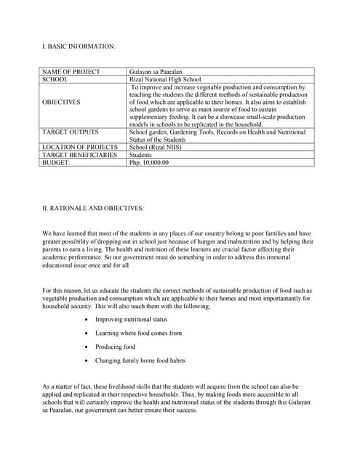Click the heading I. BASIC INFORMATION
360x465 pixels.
pyautogui.click(x=79, y=46)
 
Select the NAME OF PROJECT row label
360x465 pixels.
pyautogui.click(x=72, y=72)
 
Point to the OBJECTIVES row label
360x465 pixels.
pyautogui.click(x=62, y=102)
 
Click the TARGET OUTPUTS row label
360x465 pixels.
pyautogui.click(x=71, y=132)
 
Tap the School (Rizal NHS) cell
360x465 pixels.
pyautogui.click(x=156, y=147)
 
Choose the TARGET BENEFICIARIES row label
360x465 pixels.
pyautogui.click(x=79, y=155)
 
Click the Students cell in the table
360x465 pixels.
pyautogui.click(x=140, y=155)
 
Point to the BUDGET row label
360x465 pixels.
pyautogui.click(x=56, y=163)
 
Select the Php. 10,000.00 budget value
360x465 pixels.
pyautogui.click(x=148, y=163)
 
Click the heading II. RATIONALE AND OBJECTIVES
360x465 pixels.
pyautogui.click(x=93, y=208)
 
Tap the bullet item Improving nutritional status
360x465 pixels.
pyautogui.click(x=131, y=319)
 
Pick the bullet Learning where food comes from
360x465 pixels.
pyautogui.click(x=138, y=333)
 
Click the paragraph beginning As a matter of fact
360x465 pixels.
pyautogui.click(x=178, y=399)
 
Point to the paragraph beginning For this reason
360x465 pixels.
pyautogui.click(x=178, y=299)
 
